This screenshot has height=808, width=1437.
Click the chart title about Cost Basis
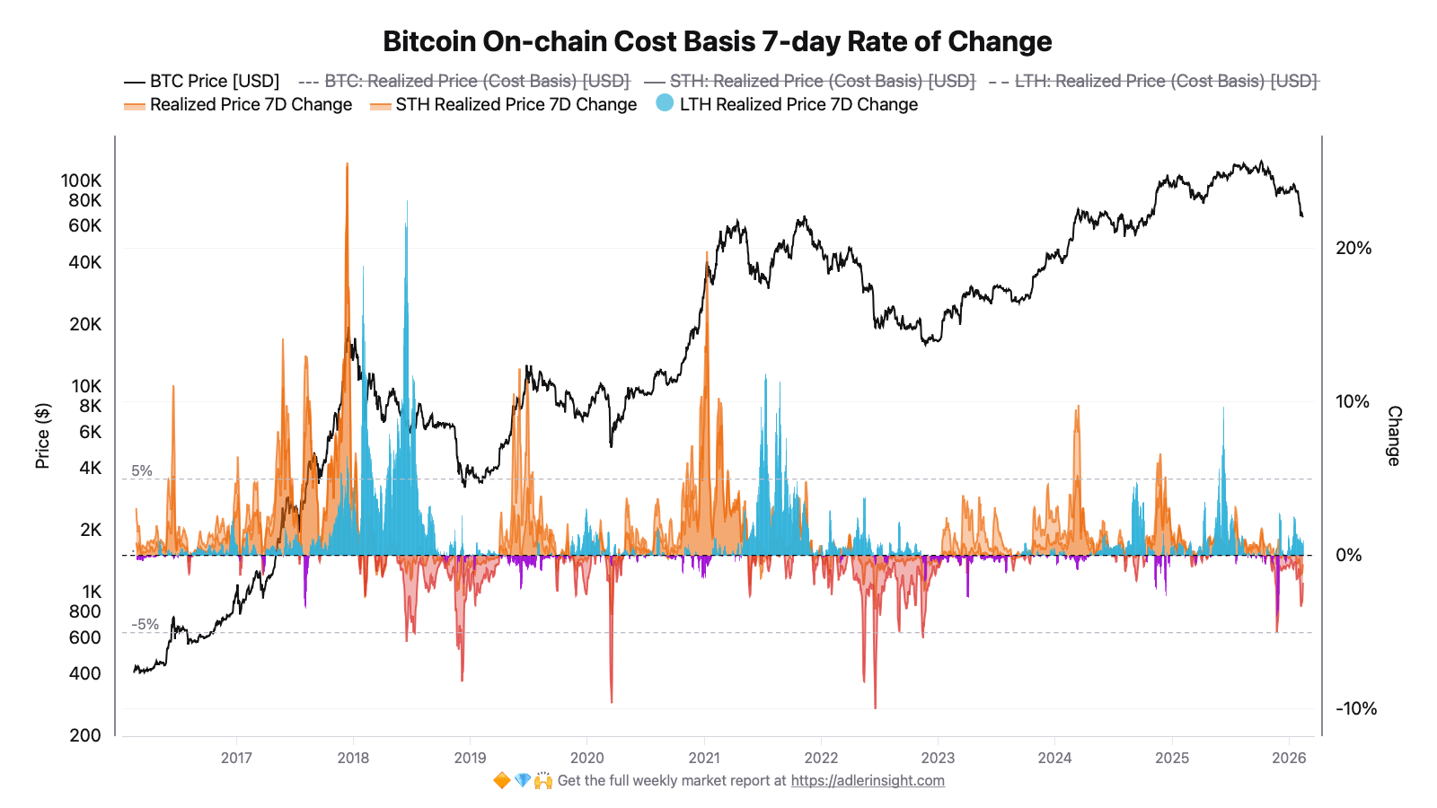coord(717,41)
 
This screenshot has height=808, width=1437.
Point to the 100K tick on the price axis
coord(81,180)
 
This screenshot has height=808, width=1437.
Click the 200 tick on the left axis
coord(85,735)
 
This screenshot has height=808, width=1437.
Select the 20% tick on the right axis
coord(1353,248)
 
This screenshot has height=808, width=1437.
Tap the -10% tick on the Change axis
coord(1355,708)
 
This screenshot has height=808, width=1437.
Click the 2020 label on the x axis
coord(586,758)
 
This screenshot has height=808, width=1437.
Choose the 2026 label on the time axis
coord(1289,758)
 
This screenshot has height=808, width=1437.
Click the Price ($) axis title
coord(42,436)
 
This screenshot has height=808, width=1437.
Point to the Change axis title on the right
coord(1394,435)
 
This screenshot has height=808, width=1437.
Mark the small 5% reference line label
coord(142,470)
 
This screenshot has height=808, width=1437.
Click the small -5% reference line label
coord(145,624)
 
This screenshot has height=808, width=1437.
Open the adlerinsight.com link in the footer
coord(868,780)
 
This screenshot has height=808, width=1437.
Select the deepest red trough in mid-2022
coord(875,705)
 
